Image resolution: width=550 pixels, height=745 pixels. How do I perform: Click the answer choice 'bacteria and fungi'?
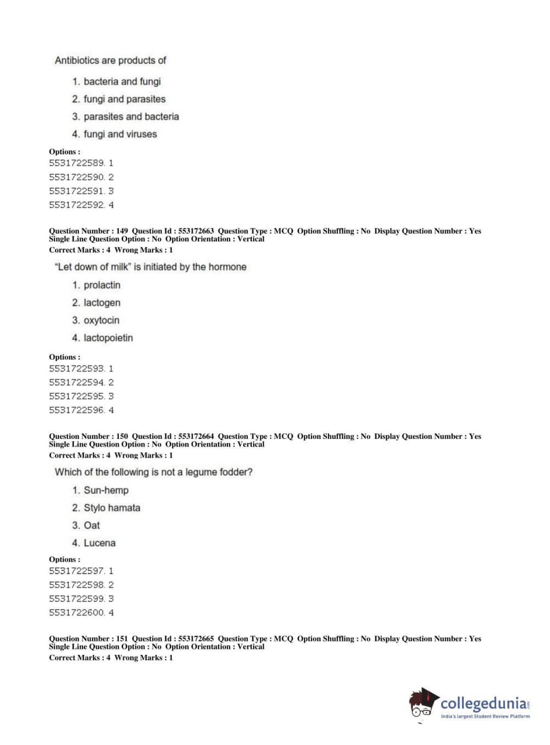coord(121,82)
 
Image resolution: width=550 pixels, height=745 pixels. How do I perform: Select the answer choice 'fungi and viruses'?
coord(120,134)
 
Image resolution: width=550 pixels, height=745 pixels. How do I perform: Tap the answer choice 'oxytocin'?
coord(101,320)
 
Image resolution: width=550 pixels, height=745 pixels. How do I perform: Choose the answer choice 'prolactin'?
coord(102,285)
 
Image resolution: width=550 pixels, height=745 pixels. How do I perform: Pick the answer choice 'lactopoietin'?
coord(108,338)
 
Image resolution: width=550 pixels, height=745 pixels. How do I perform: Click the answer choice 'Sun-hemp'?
coord(105,490)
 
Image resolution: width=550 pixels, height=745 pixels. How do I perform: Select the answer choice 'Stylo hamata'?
coord(112,508)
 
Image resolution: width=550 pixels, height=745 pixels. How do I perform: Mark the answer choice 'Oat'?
coord(92,525)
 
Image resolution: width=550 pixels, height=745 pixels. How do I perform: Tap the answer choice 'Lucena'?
coord(99,543)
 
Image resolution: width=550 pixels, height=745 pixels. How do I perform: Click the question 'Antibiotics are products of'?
coord(110,60)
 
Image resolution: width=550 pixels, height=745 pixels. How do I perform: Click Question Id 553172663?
coord(173,231)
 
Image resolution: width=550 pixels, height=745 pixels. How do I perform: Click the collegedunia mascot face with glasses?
coord(423,704)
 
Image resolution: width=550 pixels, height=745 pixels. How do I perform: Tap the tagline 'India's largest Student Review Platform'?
coord(485,716)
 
